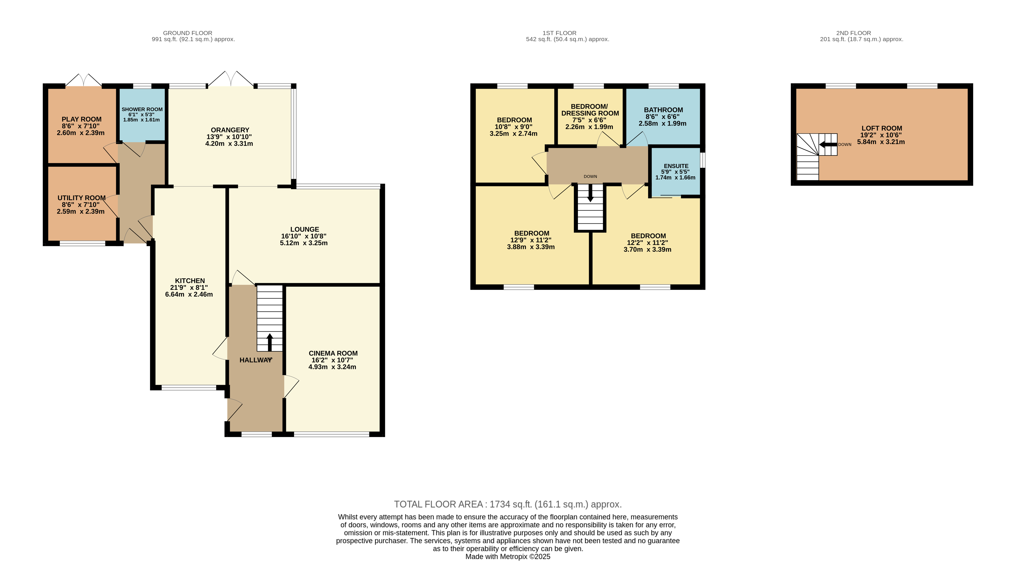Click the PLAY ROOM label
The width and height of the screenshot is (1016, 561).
(82, 119)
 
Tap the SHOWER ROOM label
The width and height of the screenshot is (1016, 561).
(142, 109)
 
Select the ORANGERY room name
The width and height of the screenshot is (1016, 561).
(230, 130)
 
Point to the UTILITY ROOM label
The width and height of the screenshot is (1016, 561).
(82, 198)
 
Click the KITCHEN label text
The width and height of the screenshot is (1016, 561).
(190, 280)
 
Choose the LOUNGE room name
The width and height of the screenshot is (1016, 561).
(304, 229)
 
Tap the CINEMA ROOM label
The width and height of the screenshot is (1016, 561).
(333, 353)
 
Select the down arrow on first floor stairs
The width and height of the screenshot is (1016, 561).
(590, 193)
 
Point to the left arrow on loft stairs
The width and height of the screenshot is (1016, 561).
(828, 144)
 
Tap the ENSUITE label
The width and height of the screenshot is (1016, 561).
(676, 166)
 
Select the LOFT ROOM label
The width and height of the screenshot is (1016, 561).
(882, 128)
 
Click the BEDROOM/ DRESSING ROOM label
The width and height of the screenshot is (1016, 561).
(590, 110)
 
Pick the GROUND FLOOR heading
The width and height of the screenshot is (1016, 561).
(188, 33)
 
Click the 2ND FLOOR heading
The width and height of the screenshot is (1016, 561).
(853, 33)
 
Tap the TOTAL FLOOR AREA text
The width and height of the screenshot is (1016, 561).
(508, 504)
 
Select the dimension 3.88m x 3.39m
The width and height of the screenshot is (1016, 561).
(531, 247)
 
